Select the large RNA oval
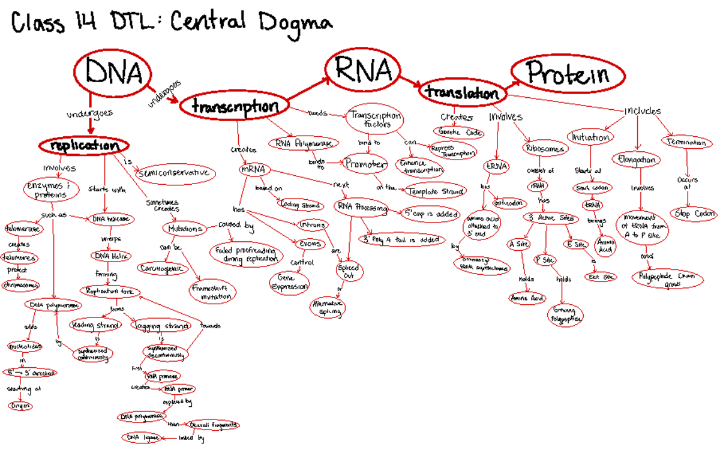[364, 70]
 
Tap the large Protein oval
[567, 74]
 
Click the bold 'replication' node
[84, 146]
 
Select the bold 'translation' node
[462, 93]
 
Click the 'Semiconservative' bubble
[174, 173]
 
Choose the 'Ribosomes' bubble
[544, 148]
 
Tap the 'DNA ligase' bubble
[142, 438]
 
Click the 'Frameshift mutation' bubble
[212, 292]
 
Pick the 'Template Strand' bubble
[435, 191]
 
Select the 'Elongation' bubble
[637, 160]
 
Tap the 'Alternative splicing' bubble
[328, 308]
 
